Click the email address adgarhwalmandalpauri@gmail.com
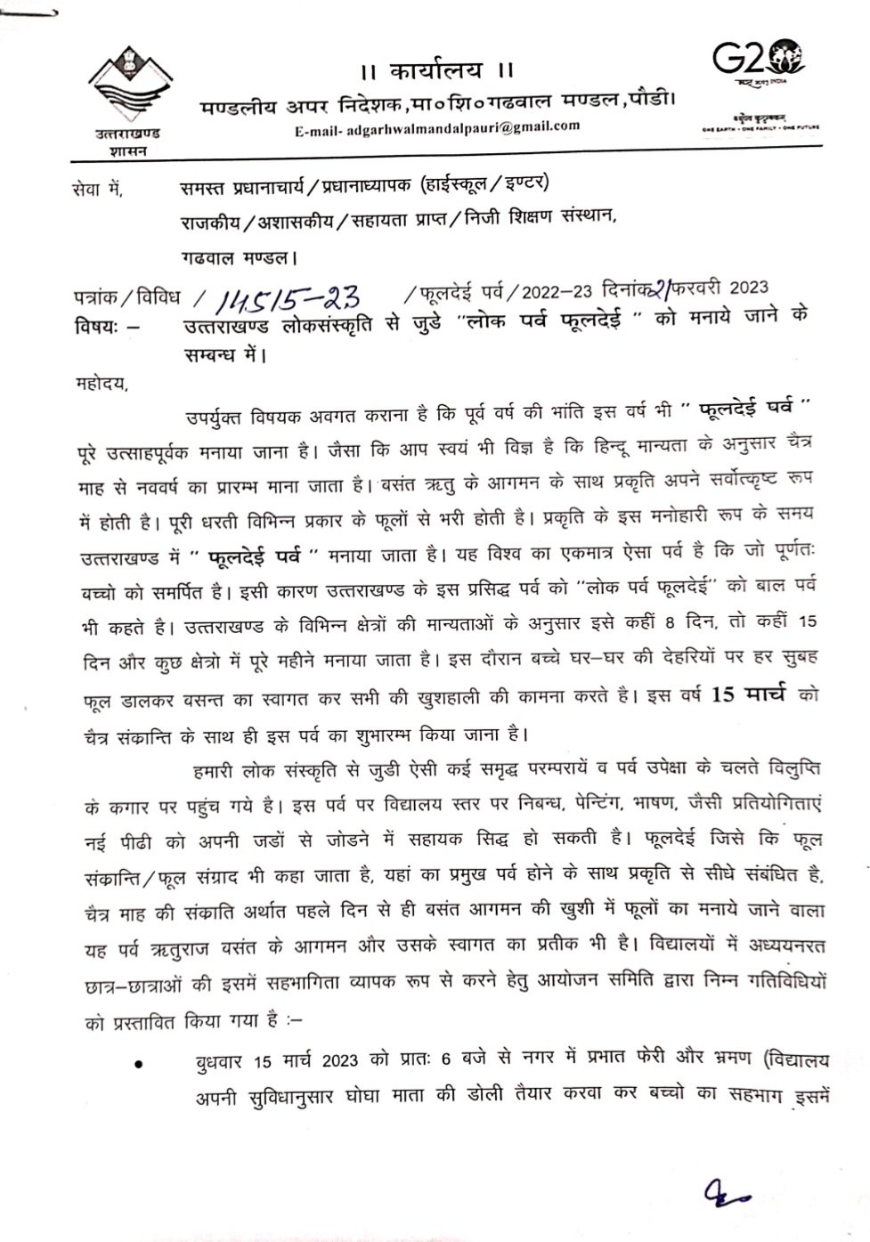[x=437, y=127]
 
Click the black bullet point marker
[x=139, y=1064]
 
